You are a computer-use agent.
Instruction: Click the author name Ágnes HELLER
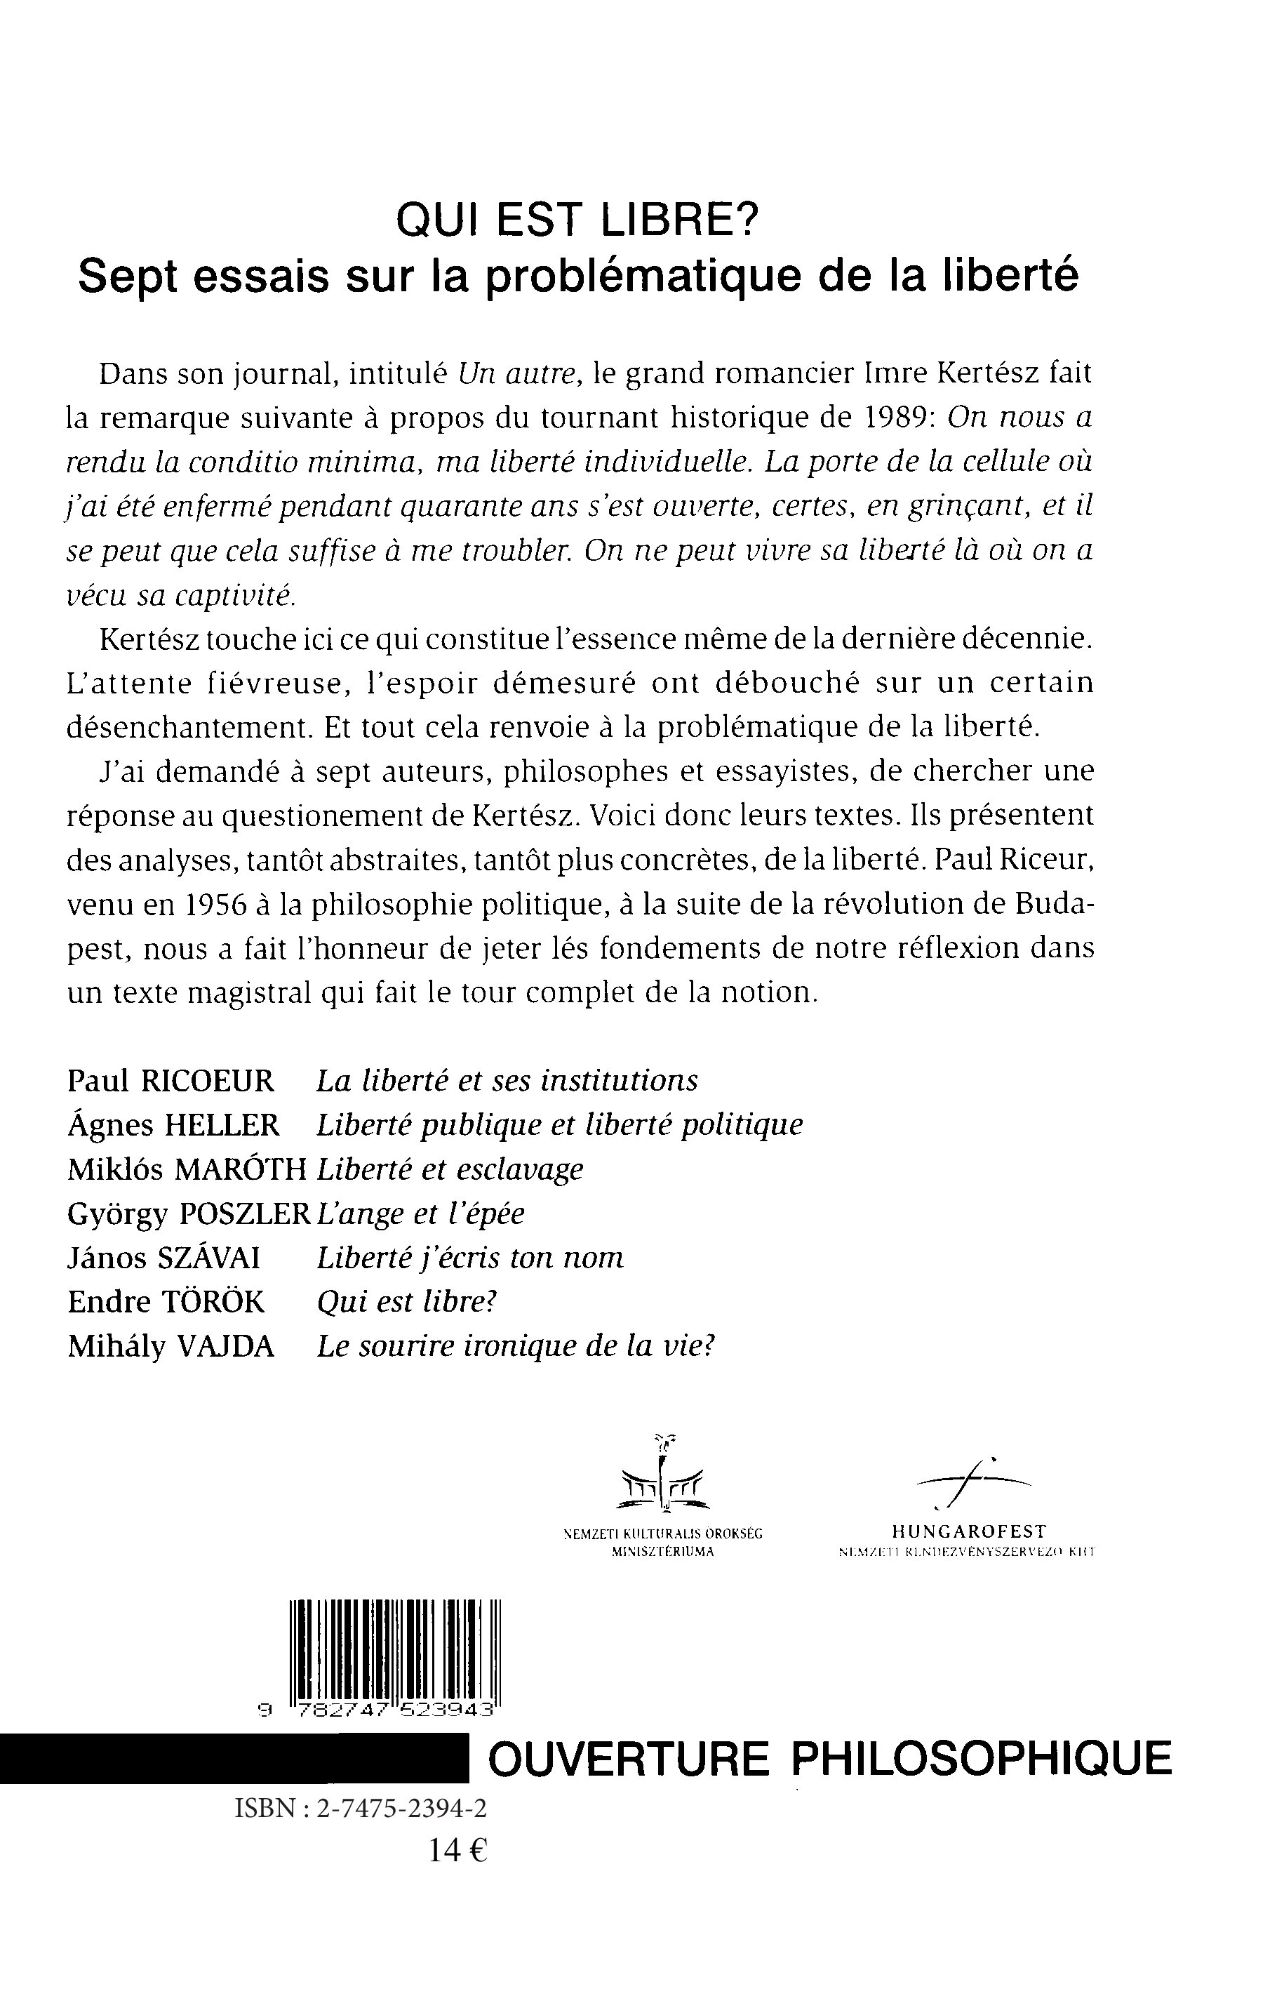click(173, 1125)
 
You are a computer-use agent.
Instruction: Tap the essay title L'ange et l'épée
click(421, 1213)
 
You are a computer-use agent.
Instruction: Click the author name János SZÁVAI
click(163, 1258)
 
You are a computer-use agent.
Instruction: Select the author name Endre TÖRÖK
click(165, 1302)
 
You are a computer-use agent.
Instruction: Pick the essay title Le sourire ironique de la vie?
click(517, 1346)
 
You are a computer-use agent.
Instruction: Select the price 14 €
click(457, 1851)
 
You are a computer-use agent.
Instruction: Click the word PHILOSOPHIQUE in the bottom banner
click(980, 1759)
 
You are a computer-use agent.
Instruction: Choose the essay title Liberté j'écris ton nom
click(470, 1258)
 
